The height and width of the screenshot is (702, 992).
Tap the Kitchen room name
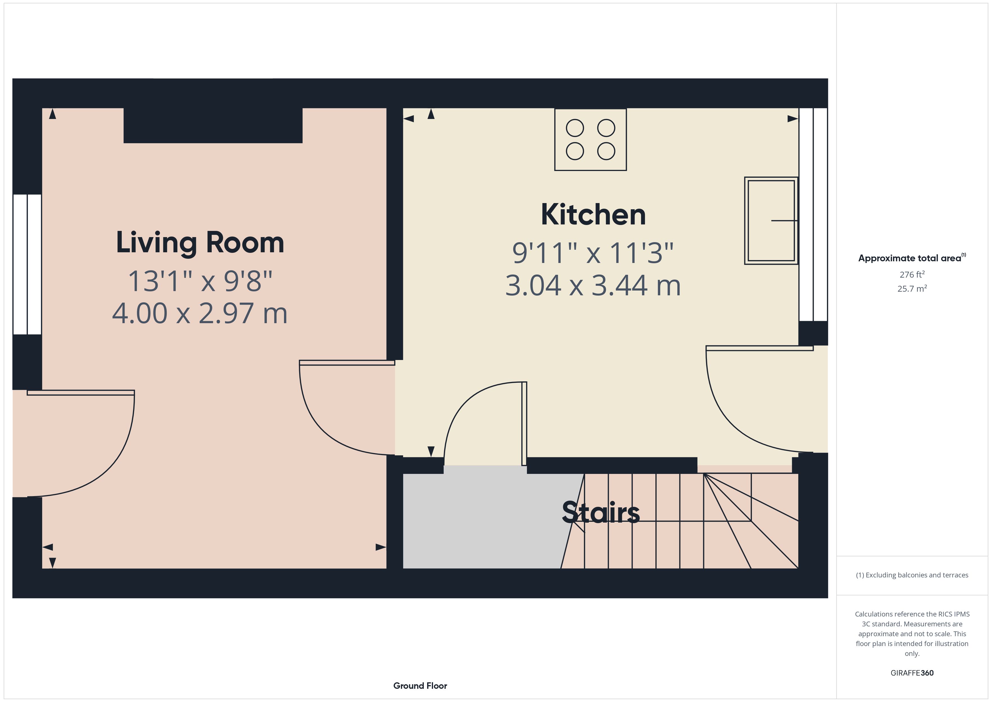[593, 215]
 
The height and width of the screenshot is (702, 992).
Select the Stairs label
[601, 513]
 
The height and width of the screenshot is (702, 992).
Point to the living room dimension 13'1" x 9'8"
[200, 281]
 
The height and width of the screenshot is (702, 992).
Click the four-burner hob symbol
[590, 139]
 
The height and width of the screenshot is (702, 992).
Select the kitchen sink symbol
[771, 220]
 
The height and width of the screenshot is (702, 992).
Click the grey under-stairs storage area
[480, 521]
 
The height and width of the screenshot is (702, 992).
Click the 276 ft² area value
[912, 274]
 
